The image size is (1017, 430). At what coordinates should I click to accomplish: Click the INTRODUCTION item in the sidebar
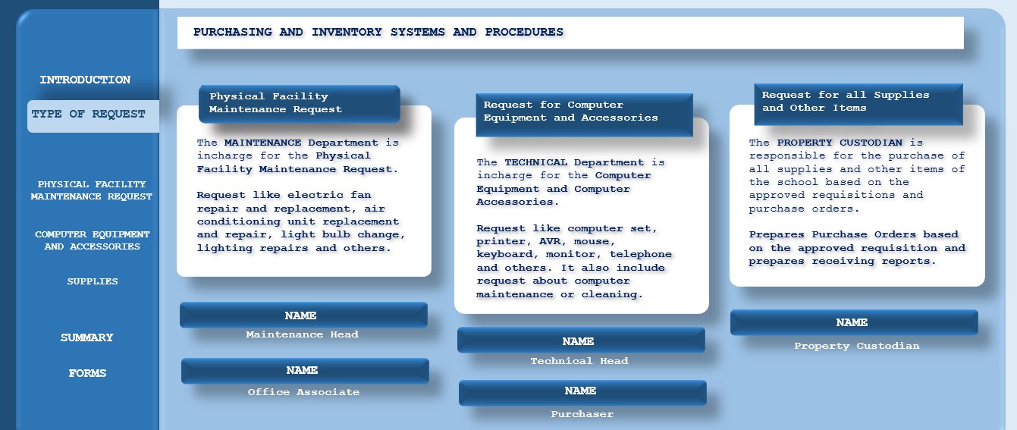(x=85, y=80)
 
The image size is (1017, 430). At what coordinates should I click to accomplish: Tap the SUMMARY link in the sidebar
(x=86, y=337)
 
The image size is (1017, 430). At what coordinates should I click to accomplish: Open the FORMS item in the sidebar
(x=87, y=373)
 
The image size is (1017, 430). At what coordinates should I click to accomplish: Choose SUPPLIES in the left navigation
(x=93, y=281)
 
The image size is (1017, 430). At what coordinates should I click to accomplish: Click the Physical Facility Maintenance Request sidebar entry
(x=91, y=190)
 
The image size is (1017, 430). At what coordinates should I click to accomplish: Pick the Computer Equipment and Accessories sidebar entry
(x=93, y=240)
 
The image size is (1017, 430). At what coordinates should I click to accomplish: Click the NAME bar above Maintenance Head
(x=303, y=315)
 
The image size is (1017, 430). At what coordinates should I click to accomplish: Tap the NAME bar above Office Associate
(x=305, y=371)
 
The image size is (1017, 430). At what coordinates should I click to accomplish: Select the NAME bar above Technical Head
(x=581, y=341)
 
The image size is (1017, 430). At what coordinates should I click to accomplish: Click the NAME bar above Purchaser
(x=582, y=392)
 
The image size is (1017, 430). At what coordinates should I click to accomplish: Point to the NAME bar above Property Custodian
(x=854, y=322)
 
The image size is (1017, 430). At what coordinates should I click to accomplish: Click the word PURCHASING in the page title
(x=233, y=33)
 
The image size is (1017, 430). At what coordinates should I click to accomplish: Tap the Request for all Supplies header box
(x=858, y=104)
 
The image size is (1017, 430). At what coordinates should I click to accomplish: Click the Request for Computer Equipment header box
(x=584, y=115)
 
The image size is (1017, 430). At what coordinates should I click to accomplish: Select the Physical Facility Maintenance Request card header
(x=300, y=104)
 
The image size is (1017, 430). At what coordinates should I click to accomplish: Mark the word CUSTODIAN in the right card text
(x=871, y=143)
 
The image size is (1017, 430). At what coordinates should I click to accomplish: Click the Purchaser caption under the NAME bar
(x=582, y=414)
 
